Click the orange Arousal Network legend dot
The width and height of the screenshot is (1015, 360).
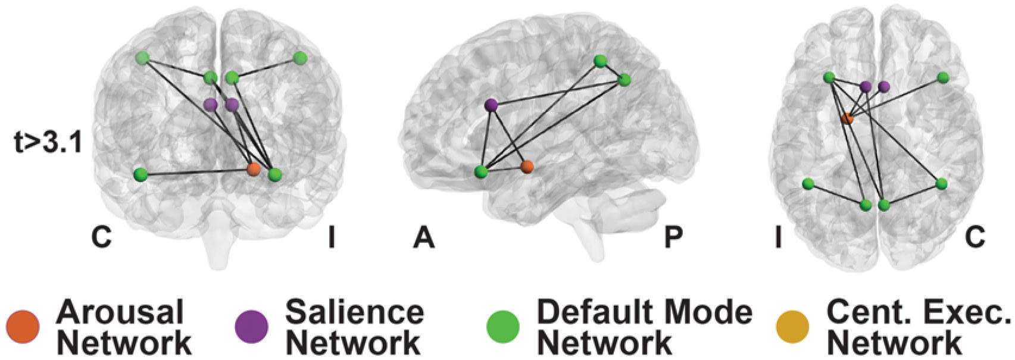pyautogui.click(x=23, y=326)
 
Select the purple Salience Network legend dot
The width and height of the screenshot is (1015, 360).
pyautogui.click(x=251, y=326)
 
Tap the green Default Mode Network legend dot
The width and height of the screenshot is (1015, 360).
pyautogui.click(x=503, y=326)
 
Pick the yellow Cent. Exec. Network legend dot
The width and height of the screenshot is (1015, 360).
pyautogui.click(x=793, y=326)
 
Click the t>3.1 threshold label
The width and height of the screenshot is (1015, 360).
pyautogui.click(x=48, y=143)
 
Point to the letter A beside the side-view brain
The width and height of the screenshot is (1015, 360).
pyautogui.click(x=424, y=238)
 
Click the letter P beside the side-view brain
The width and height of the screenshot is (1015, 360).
pyautogui.click(x=673, y=238)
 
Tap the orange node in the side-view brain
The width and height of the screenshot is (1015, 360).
pyautogui.click(x=526, y=166)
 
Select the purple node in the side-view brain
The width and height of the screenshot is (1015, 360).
pyautogui.click(x=491, y=105)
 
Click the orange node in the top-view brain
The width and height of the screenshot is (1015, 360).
pyautogui.click(x=848, y=118)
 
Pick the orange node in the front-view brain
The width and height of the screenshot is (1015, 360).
pyautogui.click(x=254, y=169)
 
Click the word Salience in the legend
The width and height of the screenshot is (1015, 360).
pyautogui.click(x=354, y=312)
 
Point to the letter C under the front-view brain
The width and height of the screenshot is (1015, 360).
pyautogui.click(x=101, y=238)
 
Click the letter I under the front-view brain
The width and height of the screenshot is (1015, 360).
pyautogui.click(x=332, y=238)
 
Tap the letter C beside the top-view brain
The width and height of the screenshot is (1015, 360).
pyautogui.click(x=975, y=238)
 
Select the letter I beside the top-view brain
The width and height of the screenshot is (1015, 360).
pyautogui.click(x=777, y=238)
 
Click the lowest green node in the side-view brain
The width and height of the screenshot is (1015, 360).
pyautogui.click(x=481, y=172)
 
